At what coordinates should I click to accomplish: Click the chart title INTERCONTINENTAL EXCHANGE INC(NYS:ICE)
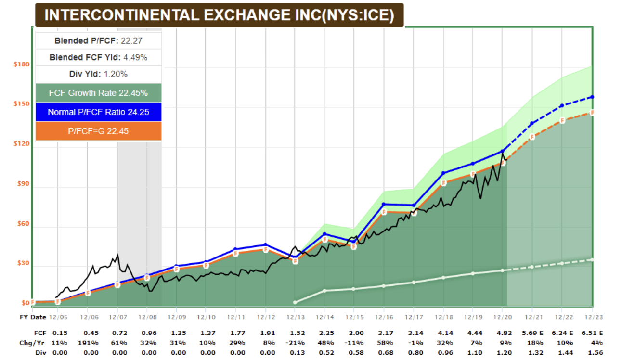pyautogui.click(x=219, y=15)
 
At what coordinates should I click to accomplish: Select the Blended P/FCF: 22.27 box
pyautogui.click(x=98, y=40)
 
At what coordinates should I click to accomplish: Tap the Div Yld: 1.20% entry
pyautogui.click(x=98, y=74)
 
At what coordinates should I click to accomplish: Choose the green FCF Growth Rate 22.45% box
pyautogui.click(x=98, y=93)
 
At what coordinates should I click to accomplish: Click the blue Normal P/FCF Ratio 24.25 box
pyautogui.click(x=98, y=112)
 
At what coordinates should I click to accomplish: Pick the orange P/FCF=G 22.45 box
pyautogui.click(x=98, y=131)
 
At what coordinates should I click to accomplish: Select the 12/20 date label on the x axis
pyautogui.click(x=502, y=317)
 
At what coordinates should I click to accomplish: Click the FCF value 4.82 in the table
pyautogui.click(x=502, y=333)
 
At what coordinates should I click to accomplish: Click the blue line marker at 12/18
pyautogui.click(x=443, y=173)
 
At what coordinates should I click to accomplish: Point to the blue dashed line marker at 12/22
pyautogui.click(x=561, y=105)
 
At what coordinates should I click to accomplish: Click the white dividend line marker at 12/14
pyautogui.click(x=324, y=291)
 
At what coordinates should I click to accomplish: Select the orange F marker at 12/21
pyautogui.click(x=532, y=137)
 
